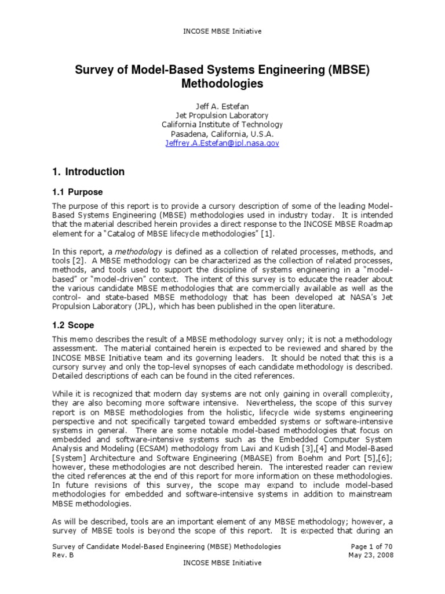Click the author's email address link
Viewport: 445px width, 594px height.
pos(222,143)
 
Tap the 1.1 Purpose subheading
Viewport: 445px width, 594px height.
pos(77,192)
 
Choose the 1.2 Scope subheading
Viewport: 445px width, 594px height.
pos(73,325)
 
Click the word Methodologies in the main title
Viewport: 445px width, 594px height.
pos(222,84)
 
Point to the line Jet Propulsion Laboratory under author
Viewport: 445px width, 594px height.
pos(222,115)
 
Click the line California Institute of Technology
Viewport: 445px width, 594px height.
pos(222,124)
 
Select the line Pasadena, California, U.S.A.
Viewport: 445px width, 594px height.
pos(222,133)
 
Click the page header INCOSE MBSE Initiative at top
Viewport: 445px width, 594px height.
pos(222,31)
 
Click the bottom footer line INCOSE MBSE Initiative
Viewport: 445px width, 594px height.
pos(222,563)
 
